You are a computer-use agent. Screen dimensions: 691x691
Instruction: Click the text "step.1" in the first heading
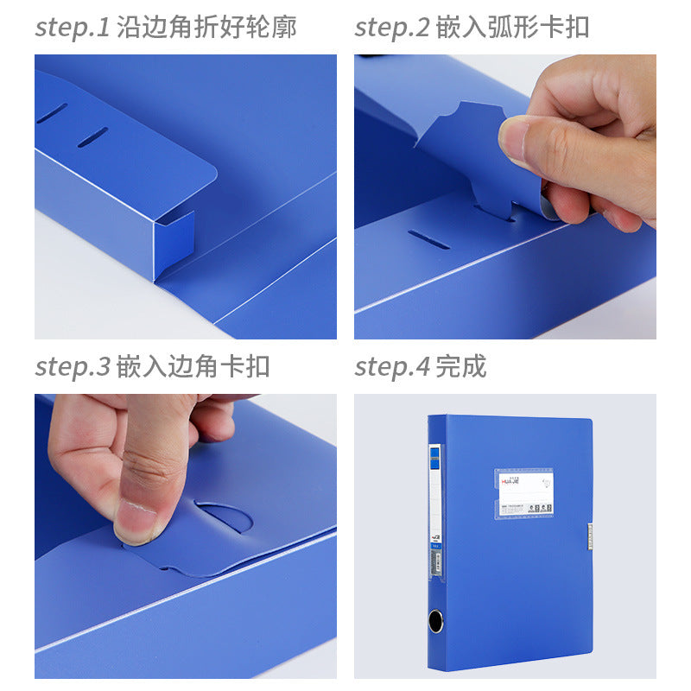[73, 28]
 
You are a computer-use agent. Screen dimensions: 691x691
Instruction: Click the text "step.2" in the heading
[392, 28]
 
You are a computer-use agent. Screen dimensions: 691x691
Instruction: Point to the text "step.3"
[73, 366]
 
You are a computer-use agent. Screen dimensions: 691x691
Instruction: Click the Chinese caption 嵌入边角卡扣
[193, 366]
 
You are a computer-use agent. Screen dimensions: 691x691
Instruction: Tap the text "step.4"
[392, 366]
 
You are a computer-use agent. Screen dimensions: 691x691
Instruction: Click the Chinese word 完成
[461, 366]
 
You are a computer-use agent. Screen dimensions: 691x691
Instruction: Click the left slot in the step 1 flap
[52, 113]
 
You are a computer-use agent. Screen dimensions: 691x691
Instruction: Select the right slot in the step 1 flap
[92, 137]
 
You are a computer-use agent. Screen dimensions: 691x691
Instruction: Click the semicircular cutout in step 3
[225, 516]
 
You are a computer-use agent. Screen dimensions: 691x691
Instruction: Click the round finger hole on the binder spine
[435, 620]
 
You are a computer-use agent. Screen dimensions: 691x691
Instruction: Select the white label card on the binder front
[524, 491]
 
